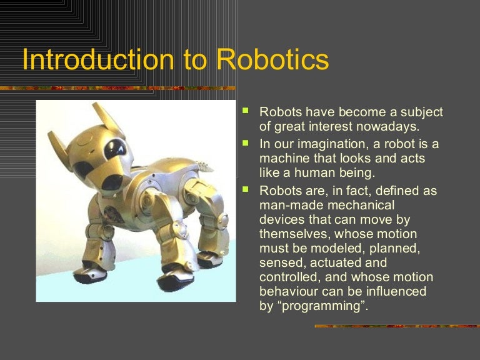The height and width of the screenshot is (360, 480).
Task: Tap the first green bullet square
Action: tap(246, 111)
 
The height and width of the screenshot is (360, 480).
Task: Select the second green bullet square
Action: tap(246, 143)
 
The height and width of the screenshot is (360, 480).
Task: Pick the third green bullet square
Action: tap(246, 189)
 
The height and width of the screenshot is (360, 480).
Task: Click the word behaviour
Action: tap(289, 292)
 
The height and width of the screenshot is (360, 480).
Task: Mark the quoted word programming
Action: tap(325, 306)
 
